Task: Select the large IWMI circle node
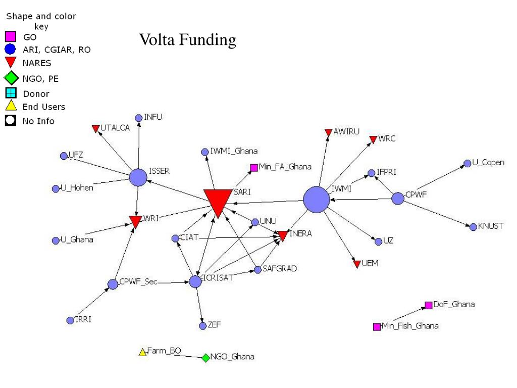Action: pyautogui.click(x=317, y=200)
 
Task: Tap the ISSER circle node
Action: pyautogui.click(x=138, y=177)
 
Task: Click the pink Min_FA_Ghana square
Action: pyautogui.click(x=254, y=168)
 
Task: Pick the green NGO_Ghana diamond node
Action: pyautogui.click(x=205, y=358)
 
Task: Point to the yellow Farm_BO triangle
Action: pyautogui.click(x=143, y=352)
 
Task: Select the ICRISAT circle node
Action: pyautogui.click(x=195, y=282)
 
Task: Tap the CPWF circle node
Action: pyautogui.click(x=398, y=199)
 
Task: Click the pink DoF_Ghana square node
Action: pyautogui.click(x=428, y=305)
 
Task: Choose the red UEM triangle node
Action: pyautogui.click(x=357, y=264)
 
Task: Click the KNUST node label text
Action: pyautogui.click(x=491, y=226)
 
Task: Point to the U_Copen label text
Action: pyautogui.click(x=488, y=163)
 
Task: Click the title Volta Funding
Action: pyautogui.click(x=188, y=39)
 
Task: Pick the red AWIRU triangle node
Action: pyautogui.click(x=328, y=132)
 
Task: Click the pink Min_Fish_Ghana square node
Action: pyautogui.click(x=377, y=327)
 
